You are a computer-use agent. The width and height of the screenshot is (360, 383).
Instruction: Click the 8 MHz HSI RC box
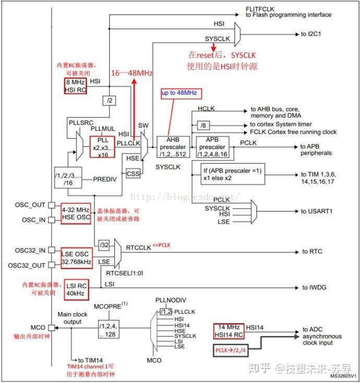(x=75, y=85)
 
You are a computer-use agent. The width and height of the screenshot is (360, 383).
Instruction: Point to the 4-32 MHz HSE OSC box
(x=76, y=213)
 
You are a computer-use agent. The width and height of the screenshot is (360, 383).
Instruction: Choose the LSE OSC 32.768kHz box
(x=76, y=257)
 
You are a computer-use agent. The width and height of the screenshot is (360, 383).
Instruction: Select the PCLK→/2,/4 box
(x=235, y=351)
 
